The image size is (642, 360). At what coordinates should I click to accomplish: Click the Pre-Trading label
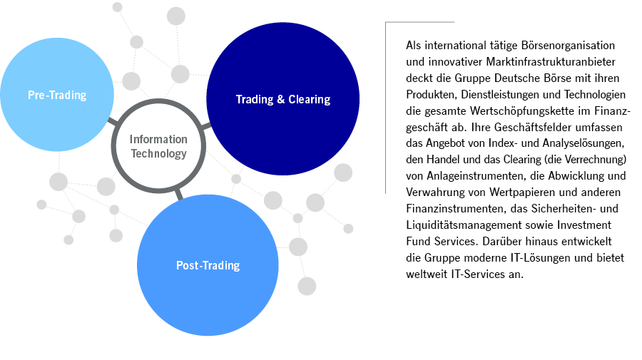pos(57,95)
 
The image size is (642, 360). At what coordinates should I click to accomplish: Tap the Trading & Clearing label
pos(282,100)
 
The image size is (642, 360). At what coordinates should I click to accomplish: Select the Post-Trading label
pos(208,266)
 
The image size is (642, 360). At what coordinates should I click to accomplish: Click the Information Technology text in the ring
pos(158,146)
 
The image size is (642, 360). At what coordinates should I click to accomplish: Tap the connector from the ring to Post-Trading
pos(178,192)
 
